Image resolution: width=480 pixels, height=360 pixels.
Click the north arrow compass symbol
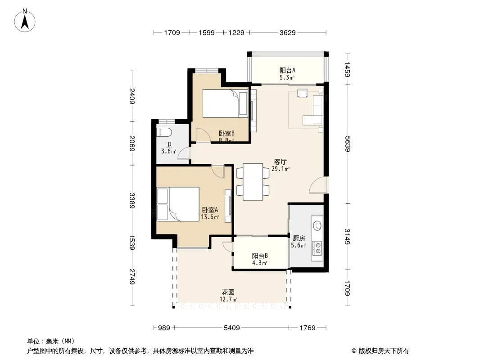click(x=25, y=20)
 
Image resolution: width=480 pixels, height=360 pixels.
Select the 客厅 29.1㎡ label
click(x=281, y=165)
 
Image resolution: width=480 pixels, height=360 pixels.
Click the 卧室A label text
click(x=210, y=210)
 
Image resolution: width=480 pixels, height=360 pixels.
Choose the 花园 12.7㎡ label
click(x=228, y=296)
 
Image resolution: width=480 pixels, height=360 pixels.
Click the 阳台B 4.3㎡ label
click(x=260, y=259)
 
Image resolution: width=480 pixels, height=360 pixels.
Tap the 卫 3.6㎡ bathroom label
click(x=169, y=148)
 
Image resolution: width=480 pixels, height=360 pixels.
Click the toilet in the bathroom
click(x=164, y=132)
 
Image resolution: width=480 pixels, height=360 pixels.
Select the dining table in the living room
click(x=253, y=182)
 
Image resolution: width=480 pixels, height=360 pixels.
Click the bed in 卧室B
click(x=225, y=103)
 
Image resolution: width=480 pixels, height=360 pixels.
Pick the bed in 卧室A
click(x=178, y=204)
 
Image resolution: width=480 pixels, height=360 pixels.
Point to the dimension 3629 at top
click(x=287, y=32)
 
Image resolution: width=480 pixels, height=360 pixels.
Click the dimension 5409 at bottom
click(x=232, y=328)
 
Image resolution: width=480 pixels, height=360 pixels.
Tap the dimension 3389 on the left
click(x=132, y=200)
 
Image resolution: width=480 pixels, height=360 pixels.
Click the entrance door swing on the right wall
click(x=318, y=185)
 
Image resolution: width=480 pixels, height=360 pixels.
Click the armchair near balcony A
click(x=303, y=93)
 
